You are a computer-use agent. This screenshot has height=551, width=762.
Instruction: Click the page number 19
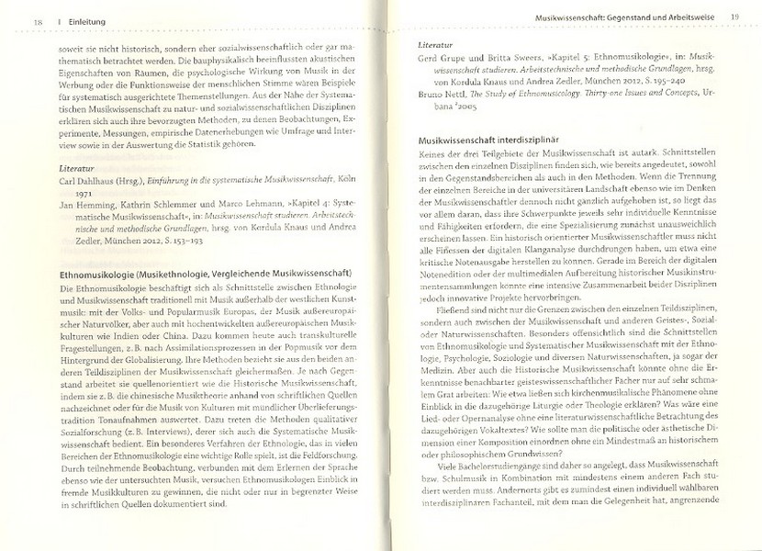click(x=734, y=17)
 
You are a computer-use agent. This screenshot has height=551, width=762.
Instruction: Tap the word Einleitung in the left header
click(x=63, y=22)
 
